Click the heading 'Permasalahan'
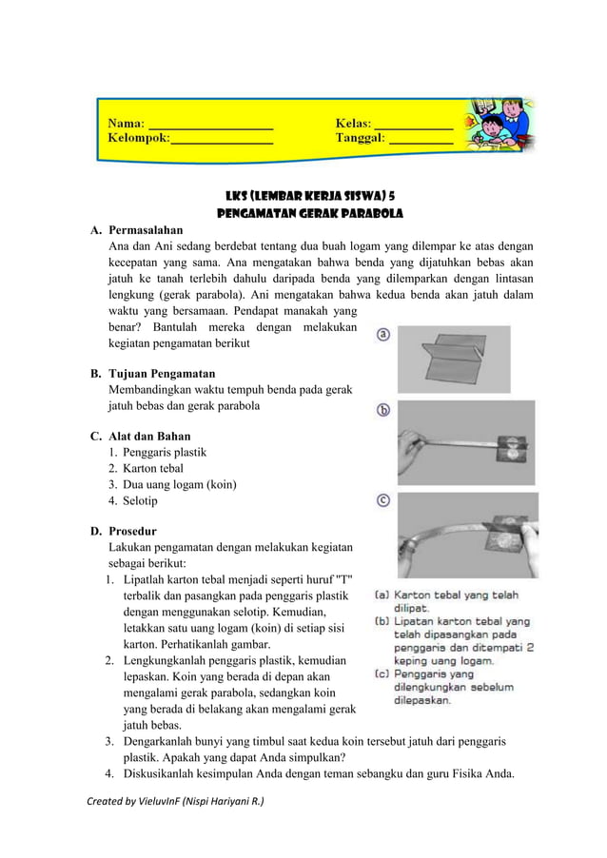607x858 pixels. point(147,230)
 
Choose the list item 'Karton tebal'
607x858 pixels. point(153,469)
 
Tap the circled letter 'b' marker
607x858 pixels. point(383,410)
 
